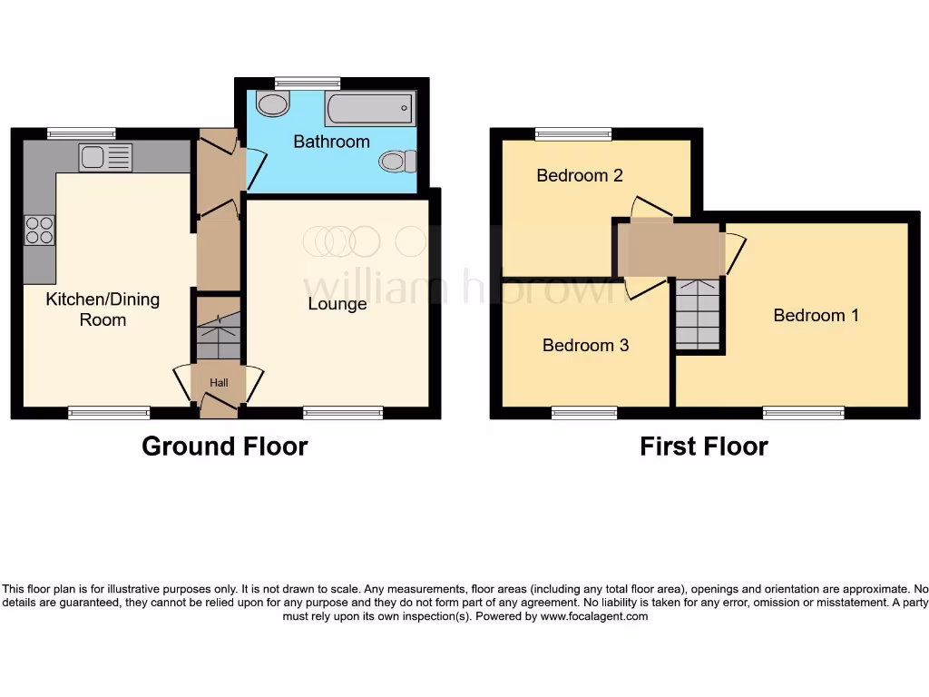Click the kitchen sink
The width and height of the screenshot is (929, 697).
(x=105, y=158)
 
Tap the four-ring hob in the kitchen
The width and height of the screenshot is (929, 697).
(x=39, y=231)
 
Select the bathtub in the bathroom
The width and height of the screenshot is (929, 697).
(x=369, y=109)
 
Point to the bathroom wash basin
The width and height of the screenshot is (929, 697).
(x=271, y=104)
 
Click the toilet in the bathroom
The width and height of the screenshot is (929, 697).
(x=396, y=162)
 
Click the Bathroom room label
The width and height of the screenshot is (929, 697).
(x=331, y=142)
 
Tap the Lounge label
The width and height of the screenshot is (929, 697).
(x=337, y=304)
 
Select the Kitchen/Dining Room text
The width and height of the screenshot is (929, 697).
(x=103, y=309)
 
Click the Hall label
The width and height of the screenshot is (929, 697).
(x=219, y=383)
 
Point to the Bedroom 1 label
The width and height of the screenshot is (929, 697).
(x=816, y=315)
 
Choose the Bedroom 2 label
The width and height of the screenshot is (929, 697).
(x=580, y=175)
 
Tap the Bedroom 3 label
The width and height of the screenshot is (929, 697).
(x=585, y=345)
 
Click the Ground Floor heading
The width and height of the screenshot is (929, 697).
(x=224, y=447)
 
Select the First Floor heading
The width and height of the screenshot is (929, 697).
(x=703, y=447)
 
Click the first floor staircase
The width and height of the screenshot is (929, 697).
(x=699, y=313)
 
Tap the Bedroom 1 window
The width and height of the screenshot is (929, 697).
(x=803, y=413)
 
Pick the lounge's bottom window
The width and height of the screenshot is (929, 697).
(x=343, y=413)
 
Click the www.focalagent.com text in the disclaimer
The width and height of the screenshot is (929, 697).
(x=594, y=616)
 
